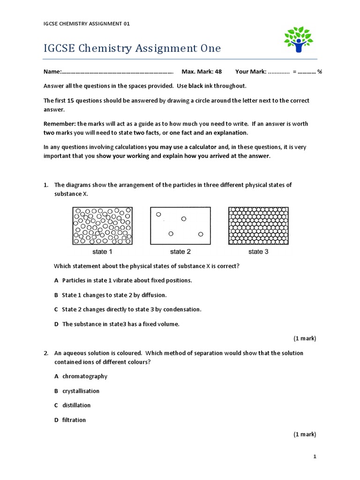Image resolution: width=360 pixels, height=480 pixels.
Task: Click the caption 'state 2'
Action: coord(180,252)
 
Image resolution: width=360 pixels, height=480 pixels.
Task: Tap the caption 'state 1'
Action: coord(102,252)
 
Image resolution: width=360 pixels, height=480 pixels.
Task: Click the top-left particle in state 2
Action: coord(158,214)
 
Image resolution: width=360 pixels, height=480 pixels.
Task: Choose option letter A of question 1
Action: coord(56,280)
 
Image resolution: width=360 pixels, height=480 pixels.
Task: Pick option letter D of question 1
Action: coord(56,324)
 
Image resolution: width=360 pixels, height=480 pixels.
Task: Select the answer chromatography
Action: coord(85,376)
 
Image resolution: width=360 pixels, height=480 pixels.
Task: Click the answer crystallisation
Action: coord(81,391)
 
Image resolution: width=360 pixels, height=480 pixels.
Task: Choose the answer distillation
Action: coord(76,405)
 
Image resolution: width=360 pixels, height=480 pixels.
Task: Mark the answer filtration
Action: coord(74,420)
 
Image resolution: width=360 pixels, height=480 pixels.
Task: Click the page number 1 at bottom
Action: coord(315,457)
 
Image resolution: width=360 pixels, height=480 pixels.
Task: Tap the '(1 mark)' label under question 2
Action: coord(305,435)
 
